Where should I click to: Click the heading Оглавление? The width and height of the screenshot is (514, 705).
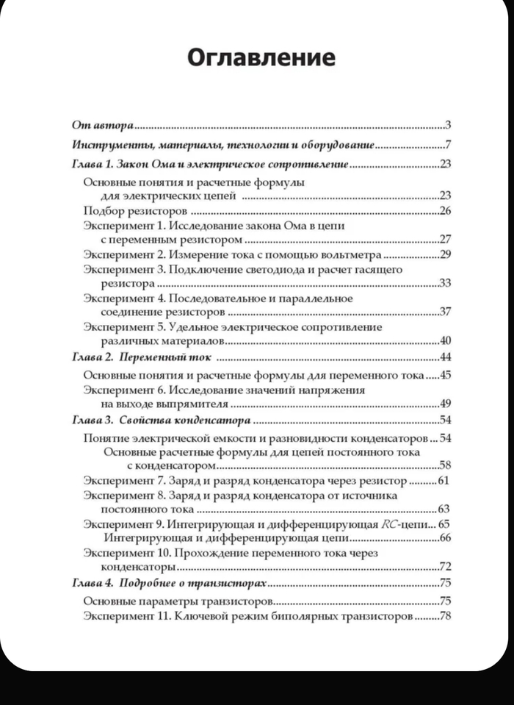[x=261, y=57]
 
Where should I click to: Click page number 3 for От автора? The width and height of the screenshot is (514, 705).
[x=447, y=125]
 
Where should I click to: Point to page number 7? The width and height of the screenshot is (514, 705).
[x=447, y=145]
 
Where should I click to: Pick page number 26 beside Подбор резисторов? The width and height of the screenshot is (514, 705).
[x=444, y=211]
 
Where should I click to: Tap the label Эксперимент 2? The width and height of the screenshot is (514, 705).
[x=125, y=255]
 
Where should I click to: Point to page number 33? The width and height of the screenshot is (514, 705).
[x=444, y=283]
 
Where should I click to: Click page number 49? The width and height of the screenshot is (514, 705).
[x=444, y=404]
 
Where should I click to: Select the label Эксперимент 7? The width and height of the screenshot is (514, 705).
[x=125, y=481]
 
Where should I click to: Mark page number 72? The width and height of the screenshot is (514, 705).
[x=444, y=567]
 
